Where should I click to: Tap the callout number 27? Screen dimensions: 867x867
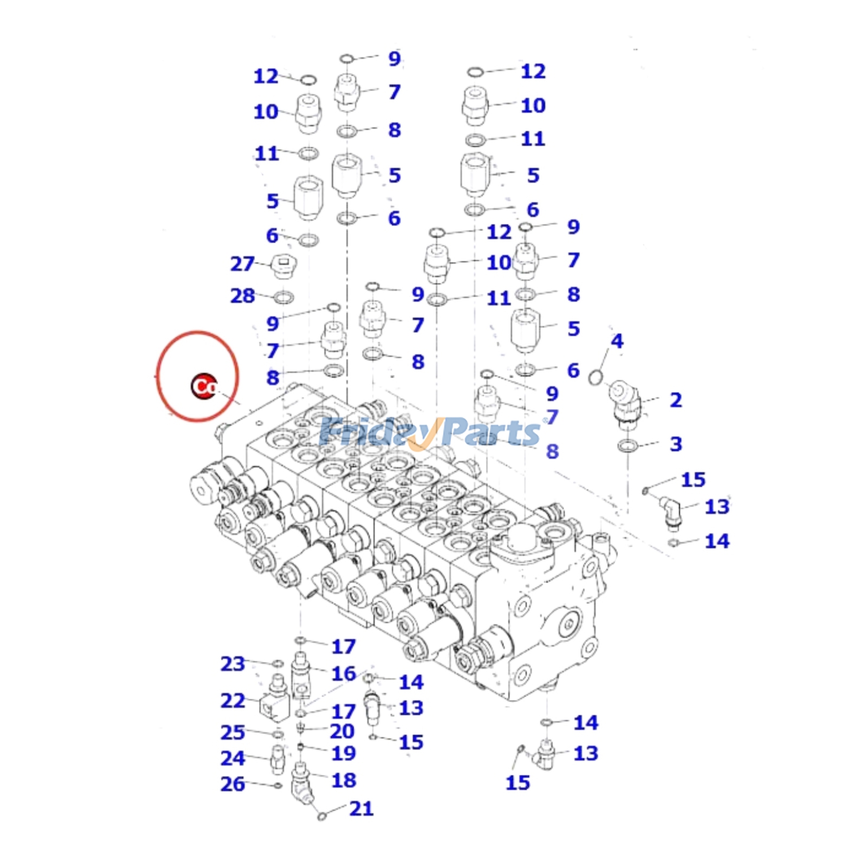click(x=242, y=264)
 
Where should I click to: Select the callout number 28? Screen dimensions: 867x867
click(x=242, y=296)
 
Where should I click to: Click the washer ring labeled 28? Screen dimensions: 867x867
click(x=283, y=297)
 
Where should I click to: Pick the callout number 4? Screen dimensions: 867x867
click(x=617, y=341)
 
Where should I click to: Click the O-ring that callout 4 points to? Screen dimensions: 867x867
click(x=596, y=377)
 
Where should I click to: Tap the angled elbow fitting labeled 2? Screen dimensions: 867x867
click(x=625, y=401)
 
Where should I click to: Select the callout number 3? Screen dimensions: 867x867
click(x=675, y=444)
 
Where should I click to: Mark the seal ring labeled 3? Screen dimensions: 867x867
click(x=627, y=446)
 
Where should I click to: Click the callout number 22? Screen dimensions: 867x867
click(x=232, y=700)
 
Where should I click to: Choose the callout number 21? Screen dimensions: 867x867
click(x=361, y=808)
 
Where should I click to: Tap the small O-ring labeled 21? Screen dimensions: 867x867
click(x=321, y=816)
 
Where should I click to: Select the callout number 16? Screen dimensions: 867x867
click(x=344, y=674)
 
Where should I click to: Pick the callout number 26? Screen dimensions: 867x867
click(x=232, y=784)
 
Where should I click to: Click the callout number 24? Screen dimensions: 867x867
click(x=232, y=758)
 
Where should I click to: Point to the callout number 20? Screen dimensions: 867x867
click(x=342, y=731)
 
